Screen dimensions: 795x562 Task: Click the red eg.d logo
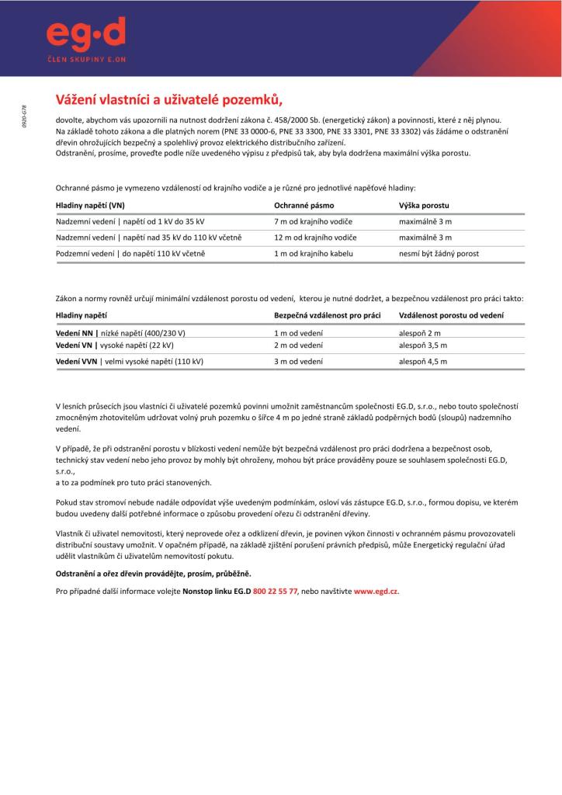[85, 33]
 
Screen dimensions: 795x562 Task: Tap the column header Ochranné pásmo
[304, 206]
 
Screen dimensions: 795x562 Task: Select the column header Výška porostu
[424, 206]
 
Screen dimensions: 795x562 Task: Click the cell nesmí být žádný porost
[439, 254]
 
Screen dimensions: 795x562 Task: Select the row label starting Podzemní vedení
[130, 254]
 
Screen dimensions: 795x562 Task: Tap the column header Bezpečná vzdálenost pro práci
[327, 315]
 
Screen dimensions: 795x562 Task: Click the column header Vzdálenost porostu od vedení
[451, 315]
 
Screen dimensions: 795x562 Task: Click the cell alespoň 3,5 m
[423, 345]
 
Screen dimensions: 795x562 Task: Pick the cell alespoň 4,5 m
[423, 362]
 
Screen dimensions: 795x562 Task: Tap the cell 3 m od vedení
[298, 362]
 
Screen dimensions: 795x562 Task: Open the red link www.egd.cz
[376, 591]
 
